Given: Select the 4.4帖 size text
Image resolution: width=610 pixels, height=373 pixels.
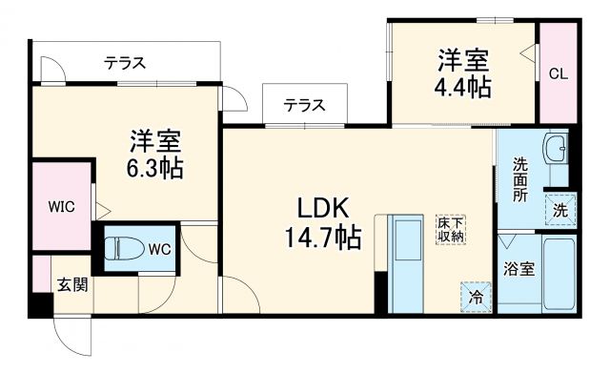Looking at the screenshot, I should (464, 88).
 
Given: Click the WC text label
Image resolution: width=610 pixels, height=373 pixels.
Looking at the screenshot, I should (159, 250).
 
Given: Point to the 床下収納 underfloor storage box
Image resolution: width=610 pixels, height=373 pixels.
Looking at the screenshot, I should (450, 228).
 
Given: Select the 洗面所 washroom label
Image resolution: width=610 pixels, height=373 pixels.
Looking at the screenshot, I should (520, 178).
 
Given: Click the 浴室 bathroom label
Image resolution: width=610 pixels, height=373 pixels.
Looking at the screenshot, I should (518, 269).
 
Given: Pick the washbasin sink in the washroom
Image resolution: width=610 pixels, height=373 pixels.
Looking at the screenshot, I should (554, 150).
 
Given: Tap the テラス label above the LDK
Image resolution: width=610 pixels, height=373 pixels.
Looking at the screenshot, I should (303, 105).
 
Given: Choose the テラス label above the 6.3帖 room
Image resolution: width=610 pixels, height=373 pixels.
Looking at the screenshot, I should (125, 63).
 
